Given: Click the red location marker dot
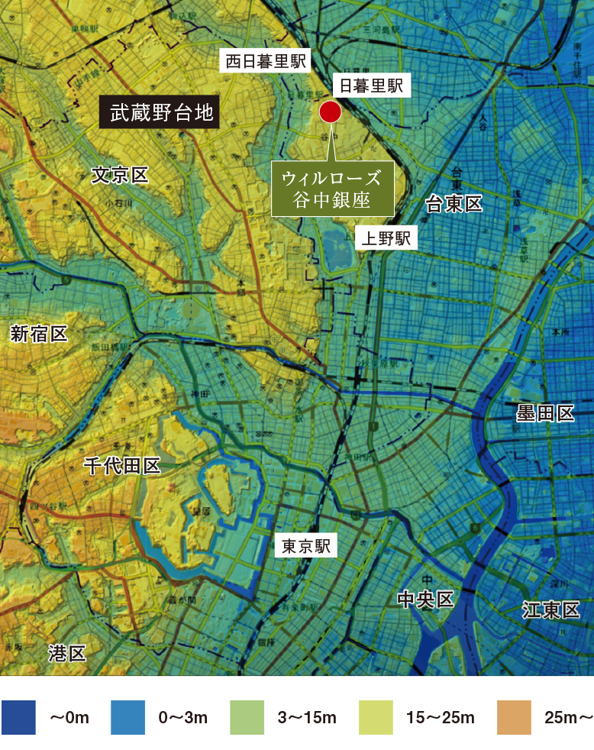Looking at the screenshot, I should pyautogui.click(x=329, y=112).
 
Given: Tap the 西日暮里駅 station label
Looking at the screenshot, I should pyautogui.click(x=263, y=61).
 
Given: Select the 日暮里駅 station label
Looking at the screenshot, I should pyautogui.click(x=371, y=86).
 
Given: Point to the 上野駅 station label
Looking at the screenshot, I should pyautogui.click(x=386, y=238).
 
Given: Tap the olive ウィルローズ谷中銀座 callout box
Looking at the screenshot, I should pyautogui.click(x=331, y=188).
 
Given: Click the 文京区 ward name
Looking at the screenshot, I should pyautogui.click(x=120, y=176).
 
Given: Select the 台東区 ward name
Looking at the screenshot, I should pyautogui.click(x=454, y=203).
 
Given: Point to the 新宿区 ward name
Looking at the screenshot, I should pyautogui.click(x=39, y=333).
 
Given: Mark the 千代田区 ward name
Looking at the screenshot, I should pyautogui.click(x=122, y=466).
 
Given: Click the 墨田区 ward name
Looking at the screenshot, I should pyautogui.click(x=544, y=414).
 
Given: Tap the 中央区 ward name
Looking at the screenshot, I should pyautogui.click(x=426, y=600).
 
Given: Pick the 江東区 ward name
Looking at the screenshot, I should pyautogui.click(x=551, y=609).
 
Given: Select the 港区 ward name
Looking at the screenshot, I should pyautogui.click(x=67, y=653).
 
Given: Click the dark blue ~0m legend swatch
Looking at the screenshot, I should pyautogui.click(x=19, y=718).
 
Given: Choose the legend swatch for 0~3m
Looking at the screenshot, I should pyautogui.click(x=128, y=718).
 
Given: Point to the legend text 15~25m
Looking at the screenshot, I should pyautogui.click(x=441, y=718).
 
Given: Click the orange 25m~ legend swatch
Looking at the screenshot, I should pyautogui.click(x=514, y=718).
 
